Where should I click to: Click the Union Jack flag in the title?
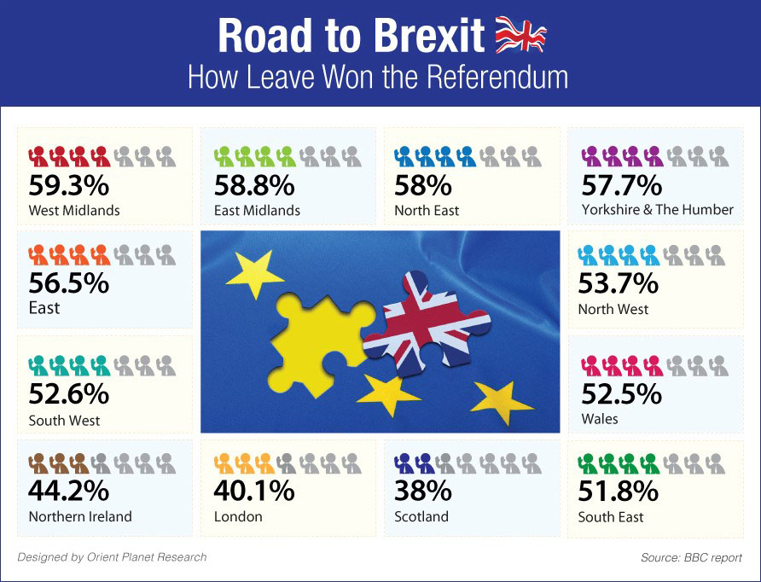point(520,35)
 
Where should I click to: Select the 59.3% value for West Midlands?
point(68,185)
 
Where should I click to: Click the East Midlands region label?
point(256,210)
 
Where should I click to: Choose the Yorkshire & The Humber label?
point(657,210)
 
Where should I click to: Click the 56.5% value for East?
point(68,282)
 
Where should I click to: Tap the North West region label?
point(613,309)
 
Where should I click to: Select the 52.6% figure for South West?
point(68,394)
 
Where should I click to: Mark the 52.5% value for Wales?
point(620,394)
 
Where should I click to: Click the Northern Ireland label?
point(80,516)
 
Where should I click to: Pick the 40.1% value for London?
point(253,492)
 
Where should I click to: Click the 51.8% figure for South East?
point(619,492)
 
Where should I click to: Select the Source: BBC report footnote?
point(691,558)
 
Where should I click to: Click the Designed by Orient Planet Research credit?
point(112,557)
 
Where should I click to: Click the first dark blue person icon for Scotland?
point(404,463)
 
